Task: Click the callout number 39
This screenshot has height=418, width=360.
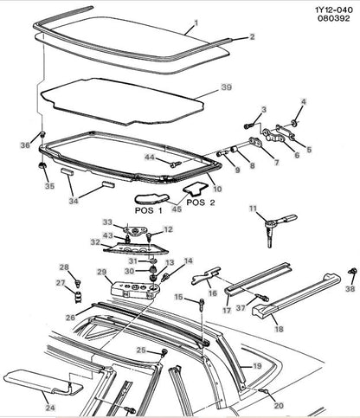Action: point(227,87)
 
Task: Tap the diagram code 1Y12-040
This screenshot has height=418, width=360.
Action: point(334,10)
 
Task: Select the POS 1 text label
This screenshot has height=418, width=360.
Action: point(149,210)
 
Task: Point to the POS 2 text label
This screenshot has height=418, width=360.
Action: point(201,203)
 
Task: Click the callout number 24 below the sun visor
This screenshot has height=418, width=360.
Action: point(50,408)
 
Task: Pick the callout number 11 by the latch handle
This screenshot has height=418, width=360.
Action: point(253,209)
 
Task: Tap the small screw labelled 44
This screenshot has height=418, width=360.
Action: point(176,164)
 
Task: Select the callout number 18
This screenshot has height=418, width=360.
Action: point(279,329)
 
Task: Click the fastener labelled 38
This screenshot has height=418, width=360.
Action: point(352,271)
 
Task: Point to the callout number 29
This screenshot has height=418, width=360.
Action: point(102,272)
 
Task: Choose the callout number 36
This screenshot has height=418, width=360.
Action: point(25,145)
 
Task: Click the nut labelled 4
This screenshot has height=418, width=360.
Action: point(294,123)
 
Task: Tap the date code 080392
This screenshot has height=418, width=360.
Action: point(334,18)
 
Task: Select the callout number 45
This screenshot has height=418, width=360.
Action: point(177,209)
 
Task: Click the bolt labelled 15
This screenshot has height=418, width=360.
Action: point(202,305)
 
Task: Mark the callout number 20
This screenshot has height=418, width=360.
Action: point(279,405)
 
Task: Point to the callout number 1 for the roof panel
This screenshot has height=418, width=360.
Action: point(196,23)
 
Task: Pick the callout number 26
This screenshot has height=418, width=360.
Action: point(70,318)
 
